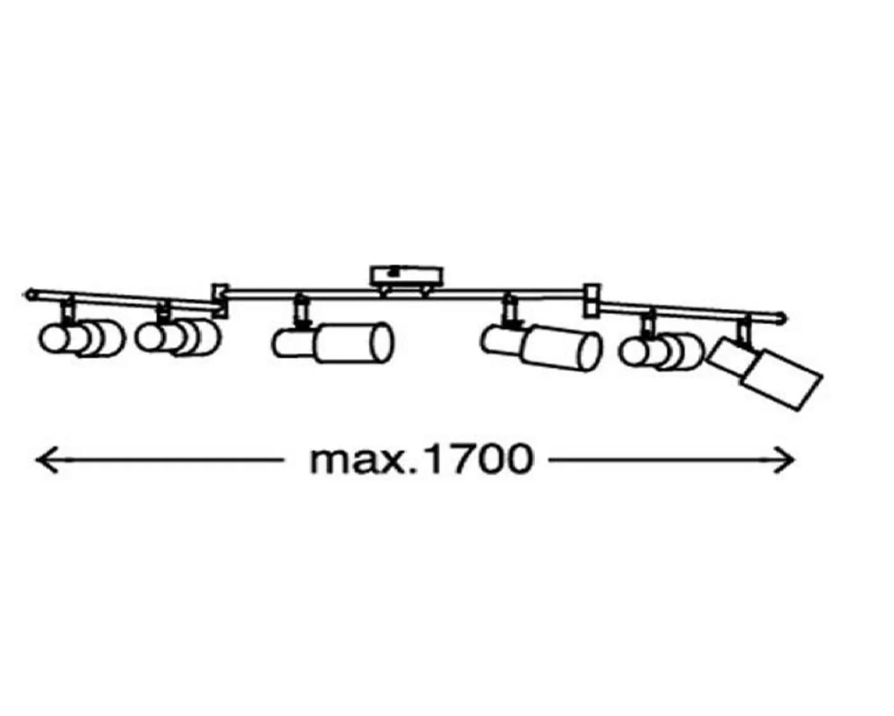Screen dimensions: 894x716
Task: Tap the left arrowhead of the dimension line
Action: [x=46, y=459]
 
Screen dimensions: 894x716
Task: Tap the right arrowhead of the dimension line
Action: [x=784, y=459]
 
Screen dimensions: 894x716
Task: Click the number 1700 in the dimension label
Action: [x=479, y=459]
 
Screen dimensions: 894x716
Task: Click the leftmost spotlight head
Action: [x=82, y=338]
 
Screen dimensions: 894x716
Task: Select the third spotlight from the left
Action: [x=332, y=343]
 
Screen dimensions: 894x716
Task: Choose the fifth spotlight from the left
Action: [x=662, y=352]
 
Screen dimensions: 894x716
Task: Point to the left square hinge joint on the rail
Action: [x=220, y=301]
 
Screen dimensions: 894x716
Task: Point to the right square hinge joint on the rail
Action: [x=592, y=301]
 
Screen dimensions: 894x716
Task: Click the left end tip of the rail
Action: [x=27, y=294]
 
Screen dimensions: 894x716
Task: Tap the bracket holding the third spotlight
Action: [x=301, y=310]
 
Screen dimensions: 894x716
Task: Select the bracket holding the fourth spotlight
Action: [x=510, y=311]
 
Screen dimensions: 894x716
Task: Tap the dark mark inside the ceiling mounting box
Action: [x=391, y=272]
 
